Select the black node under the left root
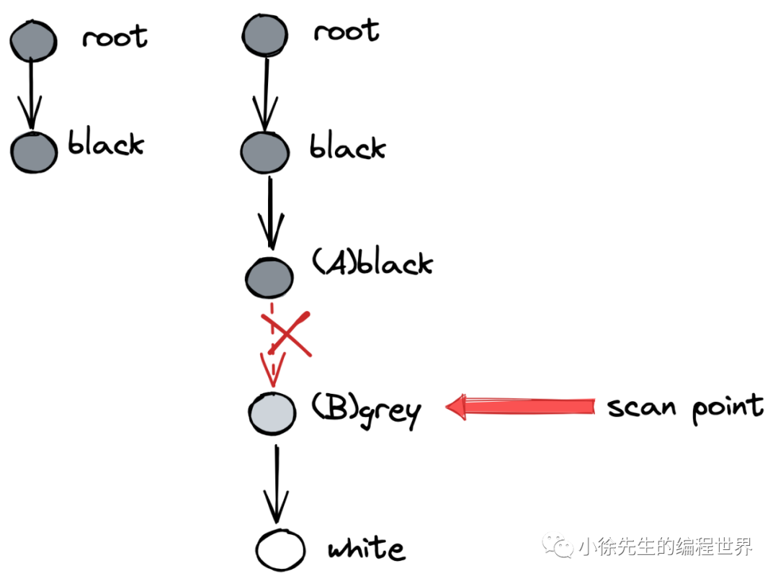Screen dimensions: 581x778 [x=34, y=152]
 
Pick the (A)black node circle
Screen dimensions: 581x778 [x=269, y=277]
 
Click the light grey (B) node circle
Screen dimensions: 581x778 [x=273, y=413]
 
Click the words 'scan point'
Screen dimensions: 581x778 [x=684, y=407]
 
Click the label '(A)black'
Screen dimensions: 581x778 [x=372, y=264]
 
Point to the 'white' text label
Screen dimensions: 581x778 [x=367, y=550]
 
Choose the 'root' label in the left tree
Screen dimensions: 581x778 [x=115, y=37]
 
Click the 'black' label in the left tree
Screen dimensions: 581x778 [x=106, y=144]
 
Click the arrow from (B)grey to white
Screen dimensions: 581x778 [x=276, y=484]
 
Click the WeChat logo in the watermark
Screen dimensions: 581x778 [x=559, y=546]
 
